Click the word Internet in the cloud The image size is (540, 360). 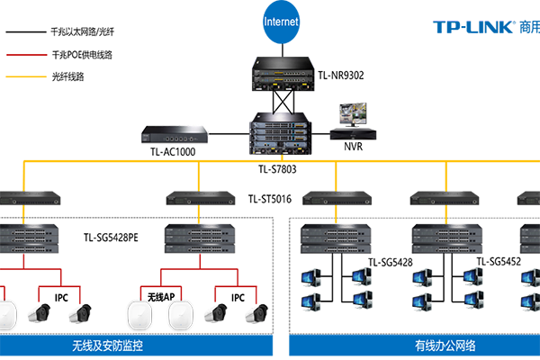[x=281, y=21]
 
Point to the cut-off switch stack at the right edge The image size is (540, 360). [x=531, y=237]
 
